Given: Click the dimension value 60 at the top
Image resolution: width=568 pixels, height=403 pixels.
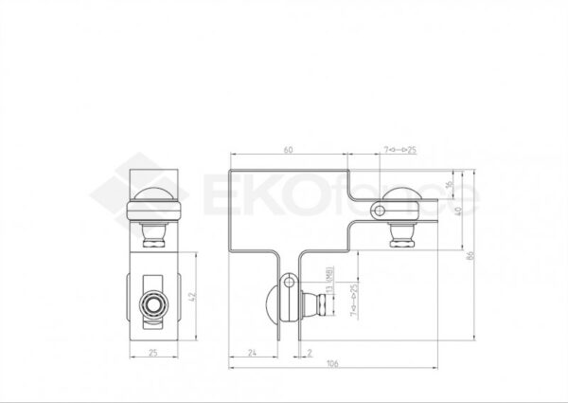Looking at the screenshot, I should pyautogui.click(x=288, y=150).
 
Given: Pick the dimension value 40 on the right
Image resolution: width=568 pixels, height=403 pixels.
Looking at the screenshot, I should pyautogui.click(x=458, y=211).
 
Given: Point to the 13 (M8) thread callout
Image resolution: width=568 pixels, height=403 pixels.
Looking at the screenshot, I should pyautogui.click(x=328, y=281).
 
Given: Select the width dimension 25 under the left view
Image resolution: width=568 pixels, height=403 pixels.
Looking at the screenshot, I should pyautogui.click(x=153, y=352).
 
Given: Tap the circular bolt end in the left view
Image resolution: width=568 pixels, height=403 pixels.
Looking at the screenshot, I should pyautogui.click(x=152, y=304).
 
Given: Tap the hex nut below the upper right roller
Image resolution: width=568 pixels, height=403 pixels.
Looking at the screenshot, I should pyautogui.click(x=401, y=243).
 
